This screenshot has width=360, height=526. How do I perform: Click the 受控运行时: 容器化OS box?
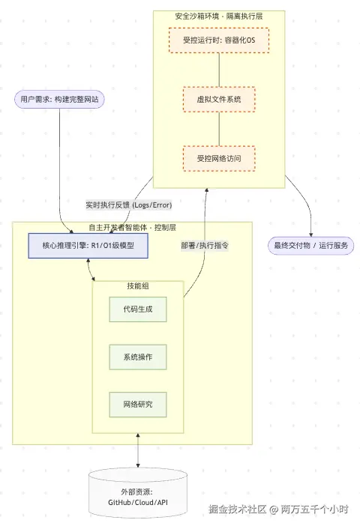click(218, 40)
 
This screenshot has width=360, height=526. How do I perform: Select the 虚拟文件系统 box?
click(218, 99)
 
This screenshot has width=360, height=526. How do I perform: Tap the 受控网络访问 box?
click(218, 158)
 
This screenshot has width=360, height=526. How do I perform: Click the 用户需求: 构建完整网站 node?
click(59, 99)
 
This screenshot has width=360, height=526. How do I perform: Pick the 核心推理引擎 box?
click(88, 246)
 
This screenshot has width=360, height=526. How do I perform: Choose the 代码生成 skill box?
click(138, 310)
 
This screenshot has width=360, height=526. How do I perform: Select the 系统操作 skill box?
click(138, 357)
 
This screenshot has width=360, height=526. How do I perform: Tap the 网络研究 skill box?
click(138, 405)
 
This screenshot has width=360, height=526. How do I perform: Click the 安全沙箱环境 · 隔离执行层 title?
click(218, 15)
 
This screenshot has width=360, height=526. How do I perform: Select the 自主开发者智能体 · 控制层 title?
click(132, 227)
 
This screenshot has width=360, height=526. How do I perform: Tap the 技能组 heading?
click(138, 288)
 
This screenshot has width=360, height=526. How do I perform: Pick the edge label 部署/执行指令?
click(205, 246)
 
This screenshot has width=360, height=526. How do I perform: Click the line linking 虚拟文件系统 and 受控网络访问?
click(218, 129)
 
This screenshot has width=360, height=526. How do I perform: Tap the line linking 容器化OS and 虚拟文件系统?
click(218, 70)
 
